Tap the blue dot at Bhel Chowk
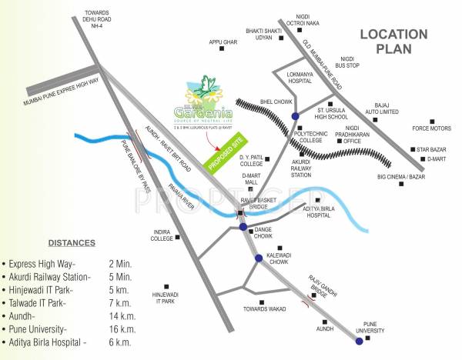tap(295, 116)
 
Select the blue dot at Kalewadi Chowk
tap(259, 258)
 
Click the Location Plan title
tap(393, 41)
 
